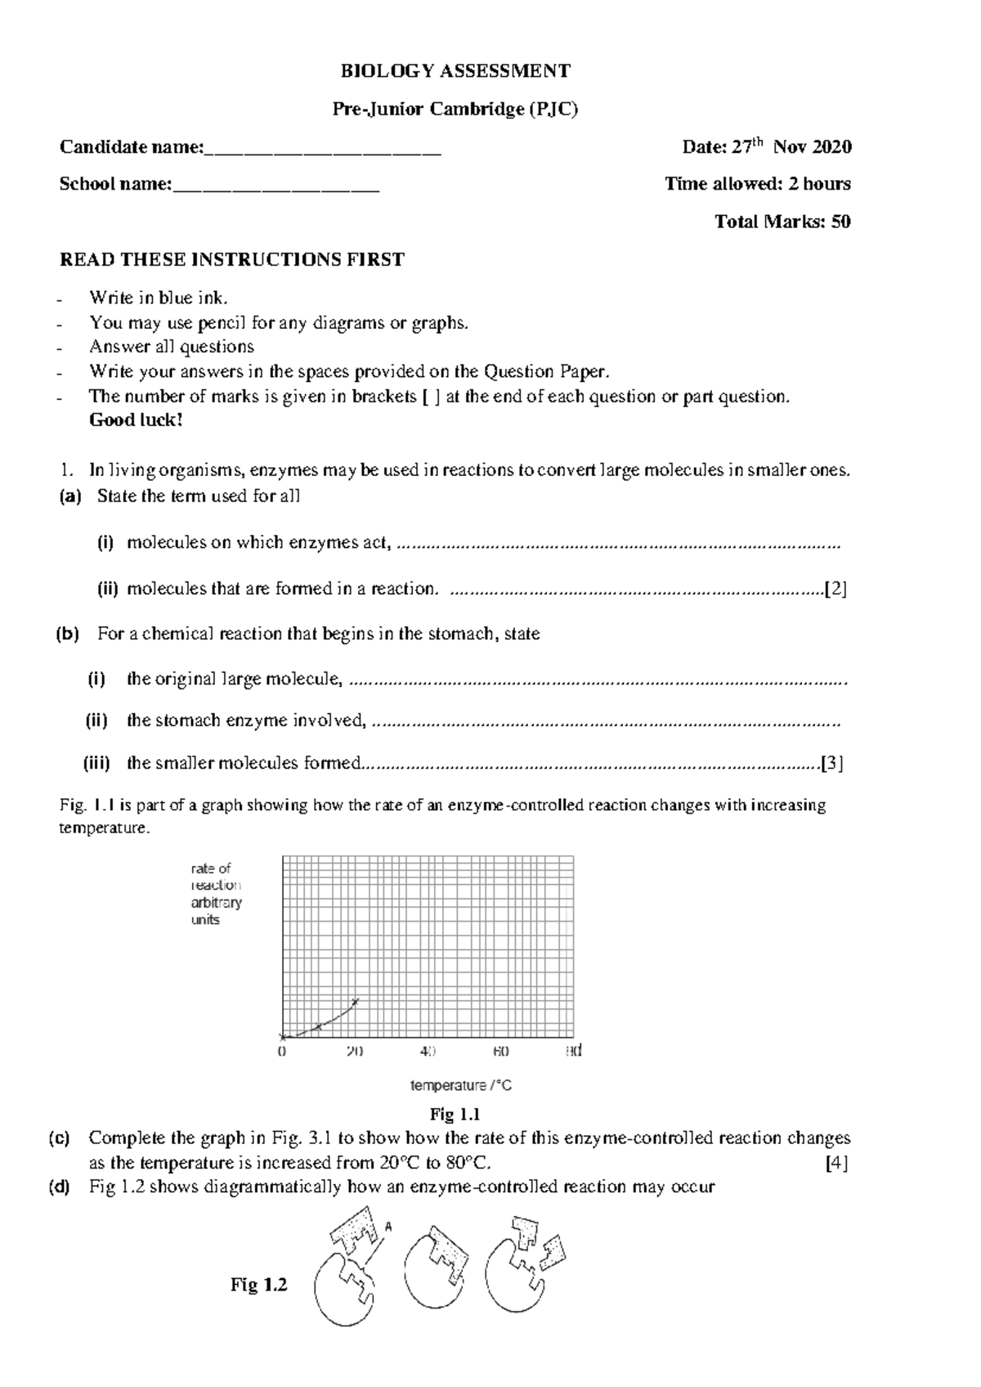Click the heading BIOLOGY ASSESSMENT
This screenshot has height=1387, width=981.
(455, 71)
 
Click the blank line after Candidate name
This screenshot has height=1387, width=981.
(323, 149)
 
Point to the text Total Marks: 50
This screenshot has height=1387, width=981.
(782, 222)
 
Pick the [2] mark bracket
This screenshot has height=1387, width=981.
(835, 589)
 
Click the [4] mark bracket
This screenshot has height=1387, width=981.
(836, 1163)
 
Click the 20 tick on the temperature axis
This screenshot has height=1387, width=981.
(355, 1052)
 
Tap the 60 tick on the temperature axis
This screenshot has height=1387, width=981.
(501, 1052)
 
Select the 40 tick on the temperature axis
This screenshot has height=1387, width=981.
(428, 1052)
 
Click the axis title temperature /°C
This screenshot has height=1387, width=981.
(461, 1086)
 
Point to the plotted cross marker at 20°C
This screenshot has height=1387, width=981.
(355, 1001)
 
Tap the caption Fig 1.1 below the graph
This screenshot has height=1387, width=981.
(455, 1115)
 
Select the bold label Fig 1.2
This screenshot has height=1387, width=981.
(259, 1286)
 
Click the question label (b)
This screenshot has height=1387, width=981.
(67, 634)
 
